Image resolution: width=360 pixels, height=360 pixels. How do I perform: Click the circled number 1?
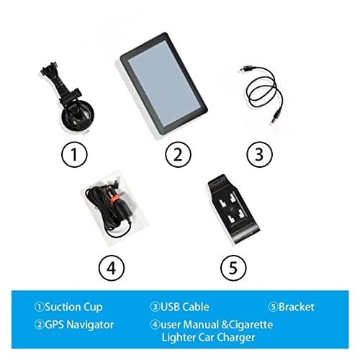pyautogui.click(x=74, y=154)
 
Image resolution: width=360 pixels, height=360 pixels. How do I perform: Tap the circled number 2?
pyautogui.click(x=178, y=154)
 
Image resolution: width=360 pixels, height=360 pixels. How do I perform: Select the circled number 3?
pyautogui.click(x=259, y=154)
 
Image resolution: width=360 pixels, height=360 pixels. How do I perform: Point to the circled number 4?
pyautogui.click(x=112, y=268)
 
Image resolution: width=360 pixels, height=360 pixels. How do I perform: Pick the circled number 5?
pyautogui.click(x=233, y=268)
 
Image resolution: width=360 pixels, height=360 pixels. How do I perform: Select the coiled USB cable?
pyautogui.click(x=261, y=91)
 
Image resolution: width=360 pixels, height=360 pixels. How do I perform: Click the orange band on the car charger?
pyautogui.click(x=117, y=197)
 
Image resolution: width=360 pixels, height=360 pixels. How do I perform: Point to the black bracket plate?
pyautogui.click(x=233, y=209)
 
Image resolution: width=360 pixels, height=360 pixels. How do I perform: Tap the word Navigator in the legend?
pyautogui.click(x=90, y=325)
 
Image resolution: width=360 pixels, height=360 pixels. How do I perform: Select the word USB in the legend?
pyautogui.click(x=170, y=307)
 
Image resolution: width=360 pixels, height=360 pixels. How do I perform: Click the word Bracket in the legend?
pyautogui.click(x=296, y=307)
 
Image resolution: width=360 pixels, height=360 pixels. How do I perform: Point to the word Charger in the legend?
pyautogui.click(x=235, y=338)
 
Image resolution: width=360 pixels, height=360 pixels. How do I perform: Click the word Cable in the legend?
pyautogui.click(x=196, y=307)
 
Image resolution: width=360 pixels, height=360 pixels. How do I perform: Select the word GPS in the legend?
pyautogui.click(x=54, y=325)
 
